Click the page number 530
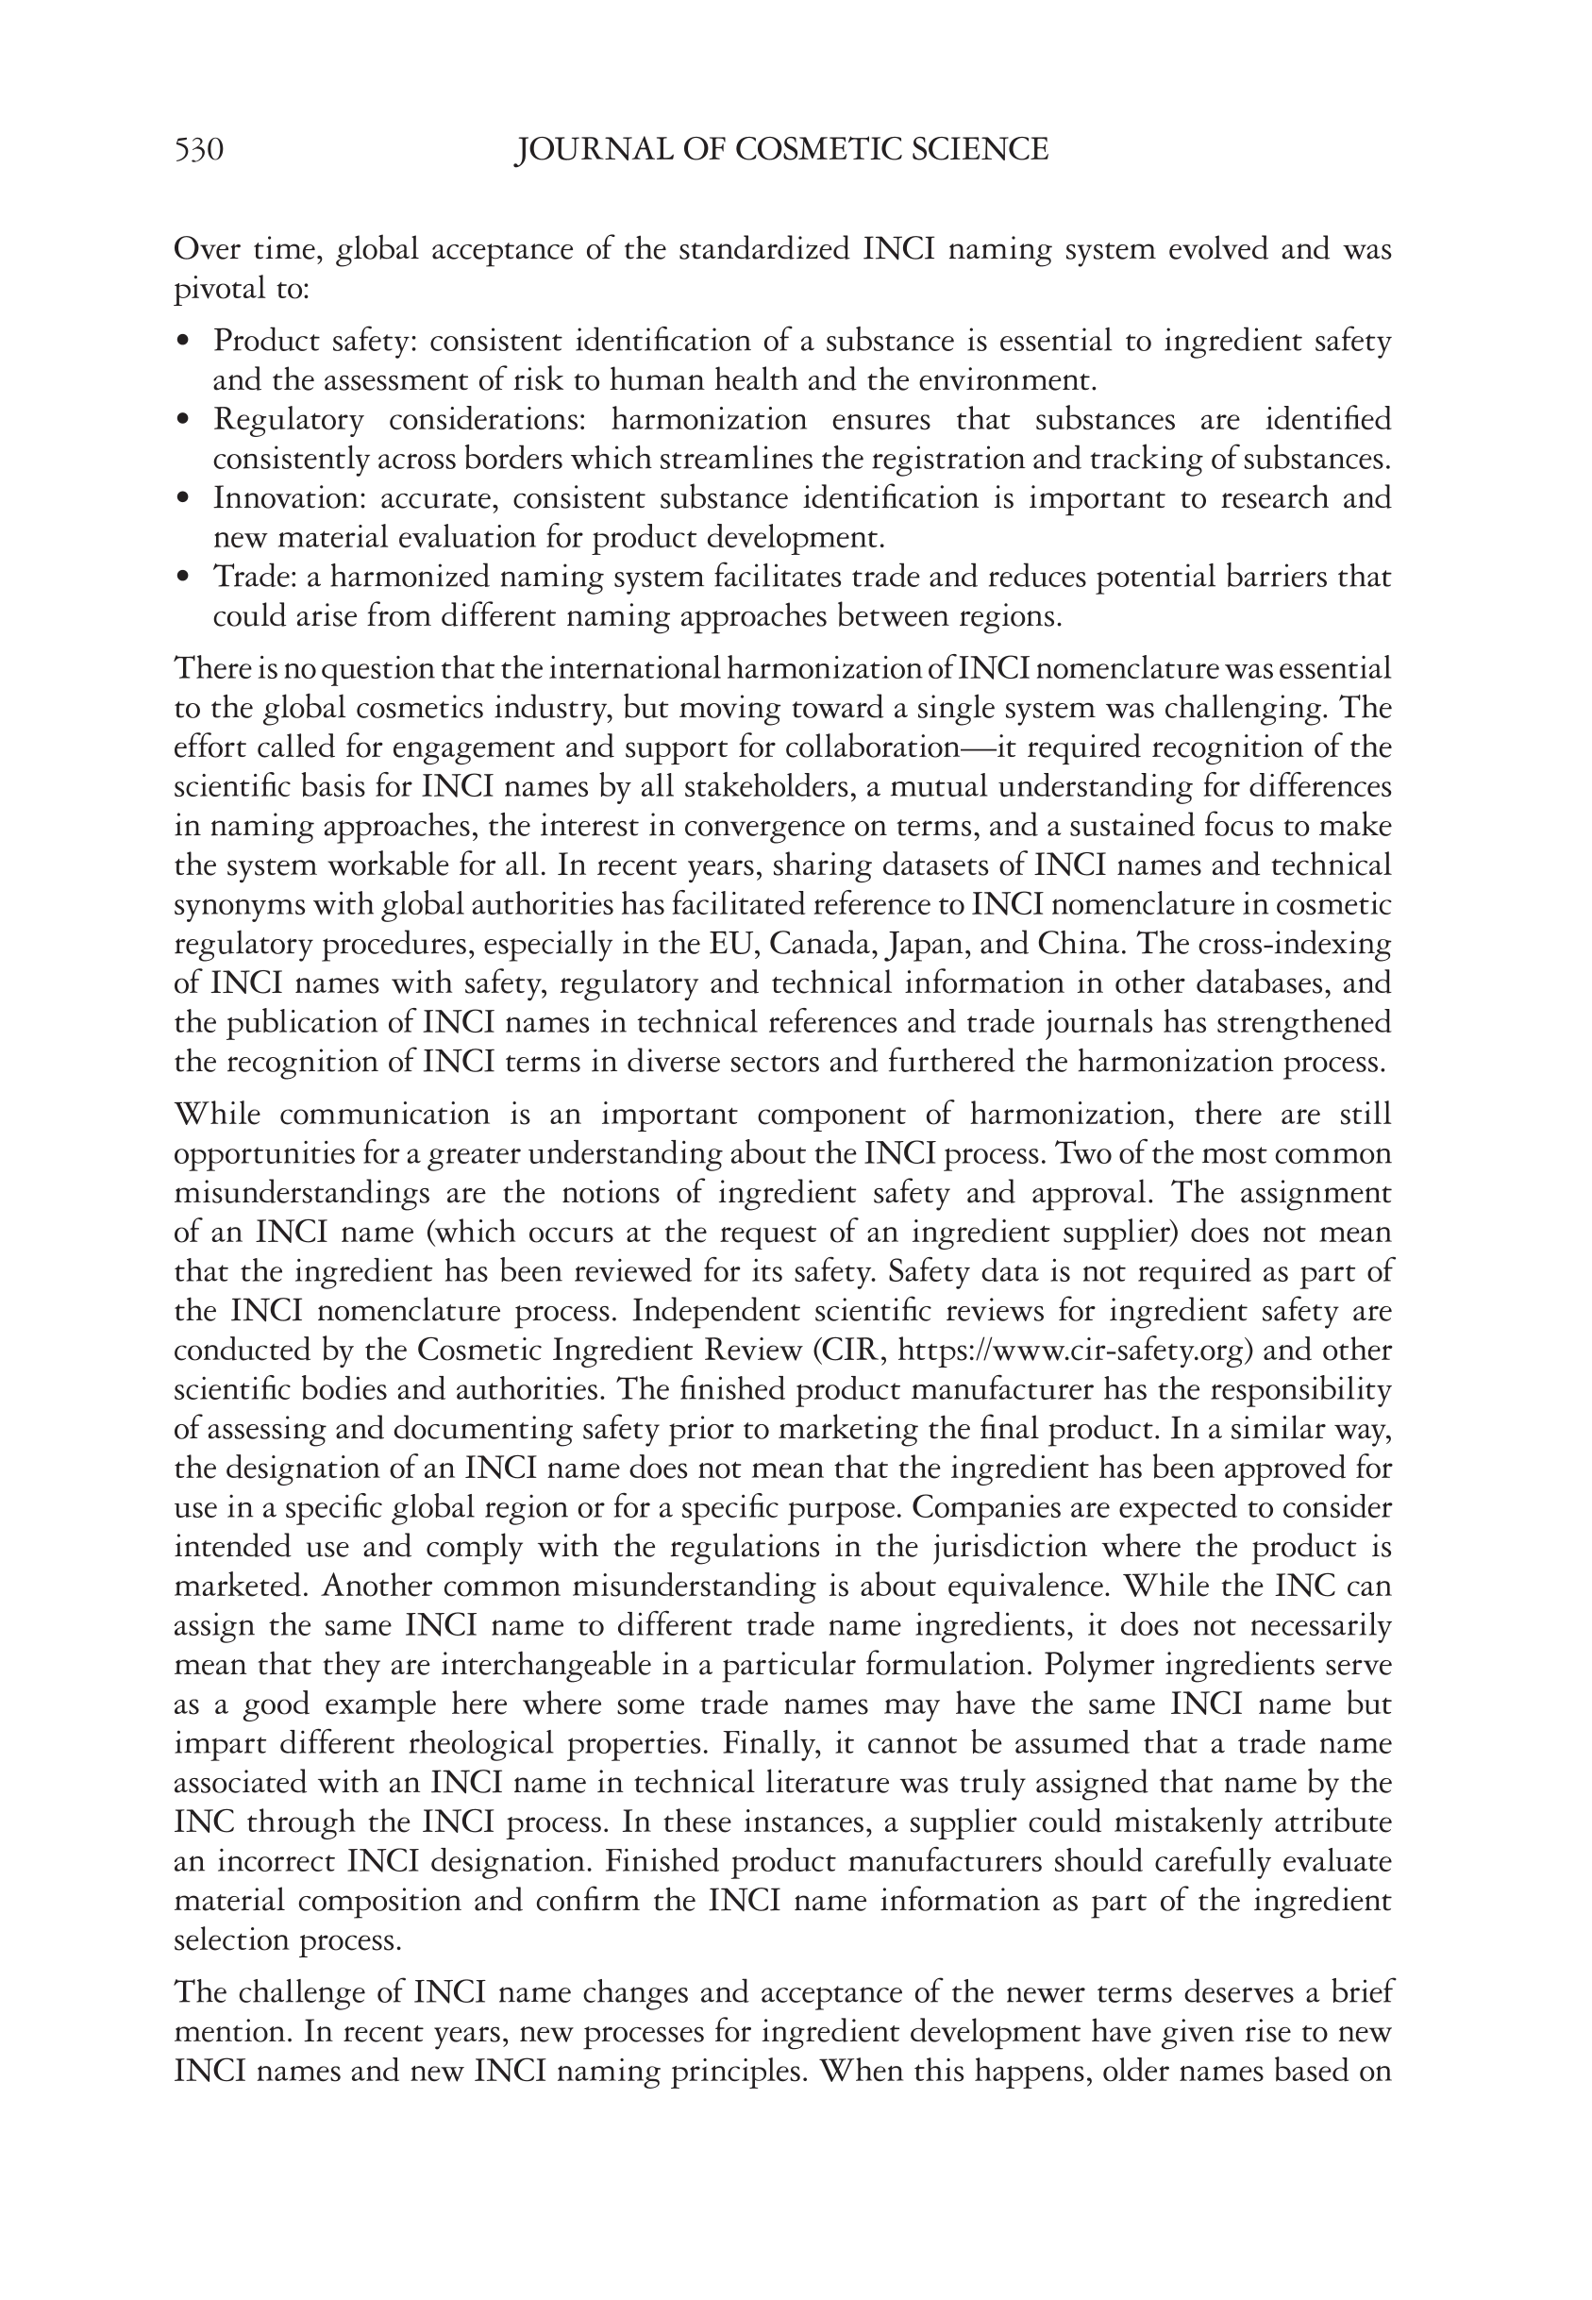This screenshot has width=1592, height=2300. coord(198,150)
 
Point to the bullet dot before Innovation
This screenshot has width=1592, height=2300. coord(181,497)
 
